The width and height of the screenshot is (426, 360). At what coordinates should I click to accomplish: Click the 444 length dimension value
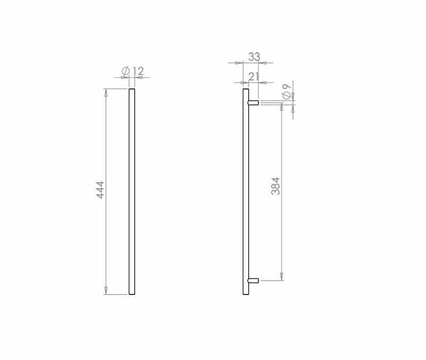click(101, 190)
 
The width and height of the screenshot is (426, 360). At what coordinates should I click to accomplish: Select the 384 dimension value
click(275, 186)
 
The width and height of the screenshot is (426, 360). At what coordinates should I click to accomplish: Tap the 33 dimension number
click(255, 57)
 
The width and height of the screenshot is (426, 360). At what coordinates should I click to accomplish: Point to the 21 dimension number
click(253, 77)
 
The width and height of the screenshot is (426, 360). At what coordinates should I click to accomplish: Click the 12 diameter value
click(138, 71)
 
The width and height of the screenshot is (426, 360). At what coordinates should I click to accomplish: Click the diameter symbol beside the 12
click(126, 71)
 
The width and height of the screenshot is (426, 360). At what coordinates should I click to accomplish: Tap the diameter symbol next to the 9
click(287, 95)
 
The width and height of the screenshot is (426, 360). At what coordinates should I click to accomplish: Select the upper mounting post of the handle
click(253, 102)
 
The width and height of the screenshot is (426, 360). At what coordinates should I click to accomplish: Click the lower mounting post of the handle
click(253, 281)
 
